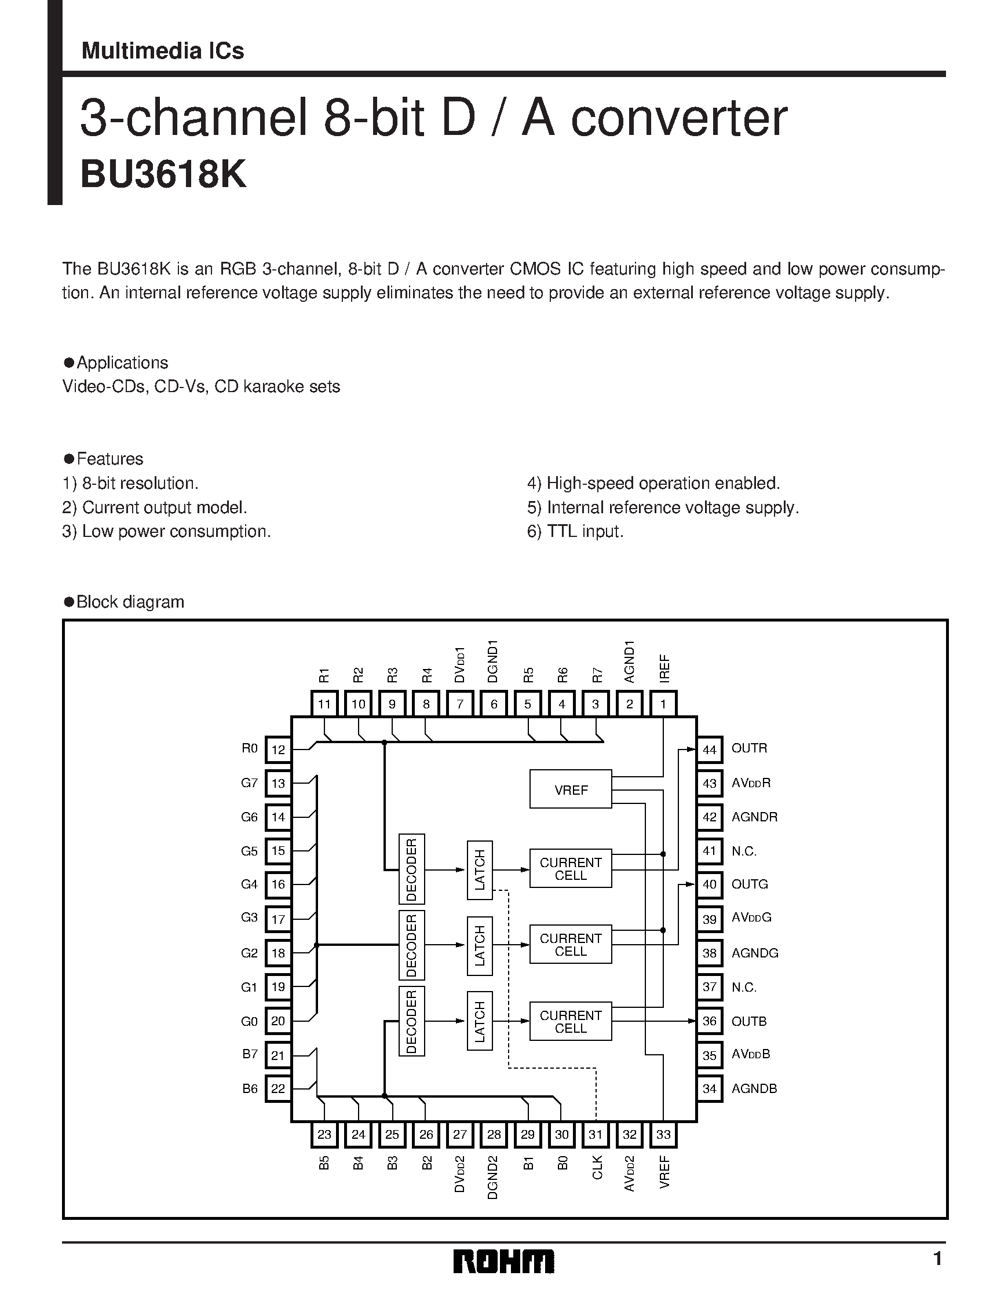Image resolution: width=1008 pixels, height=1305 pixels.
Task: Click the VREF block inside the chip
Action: point(570,789)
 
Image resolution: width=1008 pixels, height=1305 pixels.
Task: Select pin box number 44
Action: point(709,750)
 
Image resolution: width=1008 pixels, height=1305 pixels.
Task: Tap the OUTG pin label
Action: point(749,884)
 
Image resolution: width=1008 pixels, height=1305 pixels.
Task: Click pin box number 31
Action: point(595,1135)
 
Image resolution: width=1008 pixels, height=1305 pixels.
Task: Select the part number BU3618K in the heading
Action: point(163,175)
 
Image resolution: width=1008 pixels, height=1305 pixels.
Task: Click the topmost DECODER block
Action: point(411,869)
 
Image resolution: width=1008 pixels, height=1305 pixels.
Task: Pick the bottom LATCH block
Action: point(479,1021)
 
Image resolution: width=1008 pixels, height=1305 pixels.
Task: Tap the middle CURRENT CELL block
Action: point(570,945)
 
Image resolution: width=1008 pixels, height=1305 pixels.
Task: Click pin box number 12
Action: point(278,750)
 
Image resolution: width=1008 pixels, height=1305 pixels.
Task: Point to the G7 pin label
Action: point(249,783)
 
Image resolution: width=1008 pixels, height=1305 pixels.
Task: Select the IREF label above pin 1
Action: point(664,668)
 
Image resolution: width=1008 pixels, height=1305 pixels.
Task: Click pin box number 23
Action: point(324,1135)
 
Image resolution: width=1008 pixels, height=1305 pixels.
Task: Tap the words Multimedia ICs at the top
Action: point(163,51)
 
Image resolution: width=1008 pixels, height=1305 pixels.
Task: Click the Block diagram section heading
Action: point(130,602)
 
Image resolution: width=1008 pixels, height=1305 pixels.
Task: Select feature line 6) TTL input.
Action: point(575,531)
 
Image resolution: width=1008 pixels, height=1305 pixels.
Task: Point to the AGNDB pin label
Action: point(754,1089)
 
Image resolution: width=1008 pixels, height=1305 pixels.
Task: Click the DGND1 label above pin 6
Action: point(493,661)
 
